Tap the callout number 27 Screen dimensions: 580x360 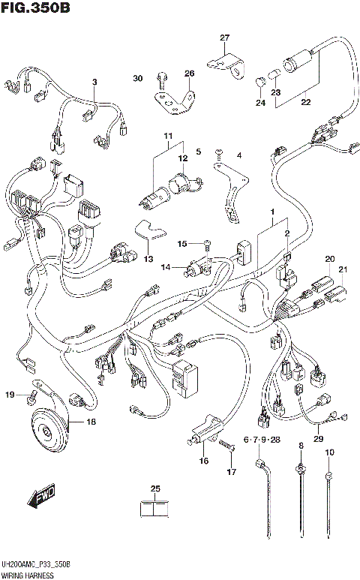[x=224, y=38]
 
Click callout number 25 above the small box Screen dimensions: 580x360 [x=155, y=490]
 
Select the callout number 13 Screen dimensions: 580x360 [x=148, y=259]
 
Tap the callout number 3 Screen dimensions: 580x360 [x=95, y=82]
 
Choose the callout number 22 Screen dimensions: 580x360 [x=305, y=102]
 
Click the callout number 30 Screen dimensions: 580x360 [x=137, y=79]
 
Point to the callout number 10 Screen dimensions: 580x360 [x=328, y=452]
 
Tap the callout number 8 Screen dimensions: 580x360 [x=301, y=447]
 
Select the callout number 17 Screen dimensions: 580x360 [x=232, y=471]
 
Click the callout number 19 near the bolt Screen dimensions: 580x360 [x=10, y=395]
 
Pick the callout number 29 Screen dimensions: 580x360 [x=318, y=439]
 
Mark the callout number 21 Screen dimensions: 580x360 [x=343, y=270]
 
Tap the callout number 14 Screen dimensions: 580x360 [x=165, y=266]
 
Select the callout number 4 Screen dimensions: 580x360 [x=238, y=155]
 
